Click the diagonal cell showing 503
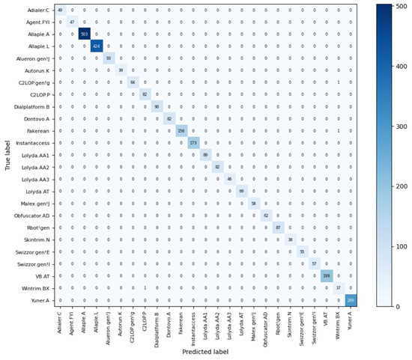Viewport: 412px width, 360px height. coord(84,34)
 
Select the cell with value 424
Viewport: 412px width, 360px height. coord(96,46)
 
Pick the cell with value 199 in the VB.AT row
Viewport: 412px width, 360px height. coord(327,276)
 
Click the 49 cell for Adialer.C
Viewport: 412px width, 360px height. coord(60,10)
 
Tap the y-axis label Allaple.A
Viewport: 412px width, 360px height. coord(38,34)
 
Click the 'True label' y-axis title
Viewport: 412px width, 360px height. coord(6,155)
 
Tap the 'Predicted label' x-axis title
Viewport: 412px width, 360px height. coord(205,352)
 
